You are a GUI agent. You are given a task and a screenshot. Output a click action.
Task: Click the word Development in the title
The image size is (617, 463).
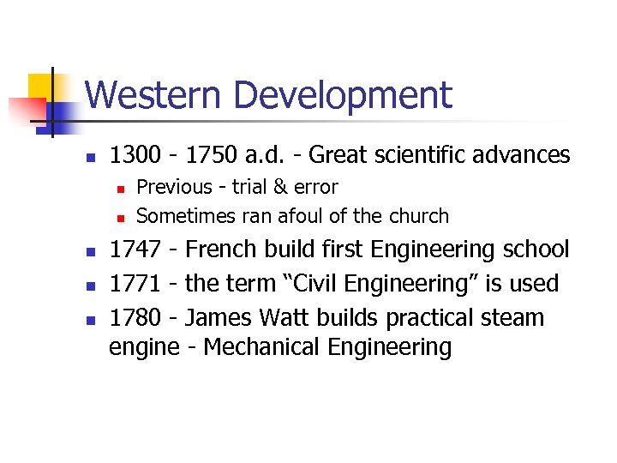tap(341, 96)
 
